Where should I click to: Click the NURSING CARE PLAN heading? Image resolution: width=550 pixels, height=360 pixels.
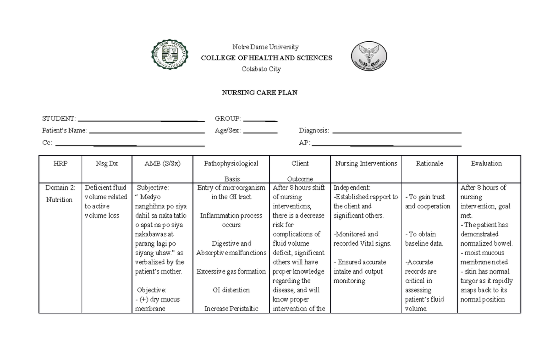tap(259, 93)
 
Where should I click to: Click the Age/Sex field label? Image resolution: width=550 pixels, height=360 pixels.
tap(228, 131)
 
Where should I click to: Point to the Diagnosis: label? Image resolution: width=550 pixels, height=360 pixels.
tap(313, 131)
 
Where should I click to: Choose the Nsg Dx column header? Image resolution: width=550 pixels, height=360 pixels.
tap(107, 163)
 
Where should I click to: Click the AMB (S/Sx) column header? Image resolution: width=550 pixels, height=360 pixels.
tap(162, 163)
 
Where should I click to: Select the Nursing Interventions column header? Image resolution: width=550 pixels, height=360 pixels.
tap(366, 163)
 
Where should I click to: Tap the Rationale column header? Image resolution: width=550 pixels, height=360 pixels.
tap(429, 163)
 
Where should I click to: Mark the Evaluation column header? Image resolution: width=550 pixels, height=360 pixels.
tap(486, 163)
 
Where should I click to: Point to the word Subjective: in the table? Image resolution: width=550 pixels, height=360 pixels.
tap(153, 188)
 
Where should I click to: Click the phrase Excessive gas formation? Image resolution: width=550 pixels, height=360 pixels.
tap(231, 271)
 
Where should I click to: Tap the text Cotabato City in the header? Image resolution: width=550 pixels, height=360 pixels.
tap(261, 69)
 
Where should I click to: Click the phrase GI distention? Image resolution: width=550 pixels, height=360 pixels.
tap(231, 290)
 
